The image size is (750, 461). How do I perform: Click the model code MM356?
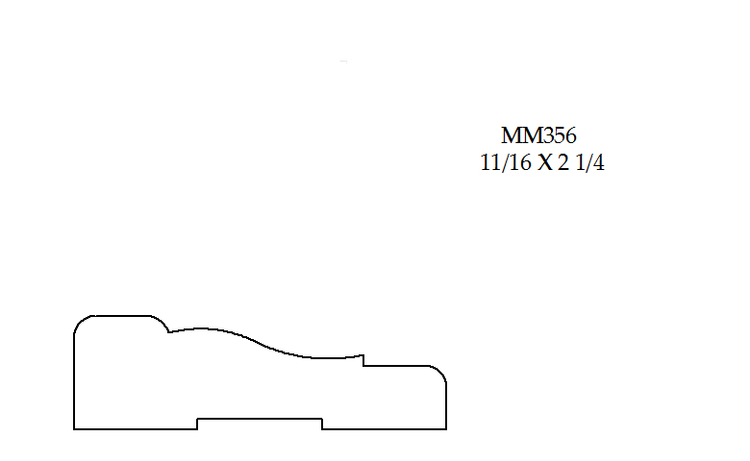[x=538, y=135]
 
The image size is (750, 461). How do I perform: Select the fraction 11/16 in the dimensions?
[x=506, y=163]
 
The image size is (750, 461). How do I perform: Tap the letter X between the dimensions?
[x=544, y=163]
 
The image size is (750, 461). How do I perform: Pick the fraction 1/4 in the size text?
[x=589, y=163]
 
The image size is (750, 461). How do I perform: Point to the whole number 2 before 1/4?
[x=563, y=163]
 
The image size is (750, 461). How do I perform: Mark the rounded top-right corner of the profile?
[x=440, y=372]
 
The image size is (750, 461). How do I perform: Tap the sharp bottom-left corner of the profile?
[x=74, y=429]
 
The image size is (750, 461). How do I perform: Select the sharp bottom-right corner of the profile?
[x=446, y=429]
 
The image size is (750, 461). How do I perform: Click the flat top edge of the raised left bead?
[x=122, y=316]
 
